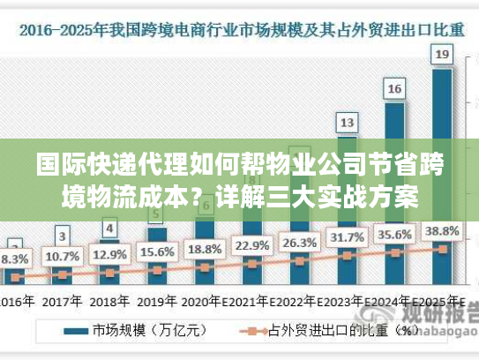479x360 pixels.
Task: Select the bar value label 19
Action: (x=442, y=55)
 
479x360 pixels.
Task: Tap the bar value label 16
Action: (x=395, y=88)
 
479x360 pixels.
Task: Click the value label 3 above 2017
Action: (x=62, y=236)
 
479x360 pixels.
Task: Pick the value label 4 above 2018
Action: (x=109, y=228)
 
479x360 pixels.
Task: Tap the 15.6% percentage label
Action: (x=157, y=251)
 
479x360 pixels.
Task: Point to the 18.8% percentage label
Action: (x=205, y=248)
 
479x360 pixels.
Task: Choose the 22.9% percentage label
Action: (x=252, y=245)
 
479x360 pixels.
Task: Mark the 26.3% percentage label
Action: (x=300, y=242)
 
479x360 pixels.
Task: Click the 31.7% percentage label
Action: (x=348, y=237)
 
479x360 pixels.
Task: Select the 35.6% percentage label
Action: (x=395, y=235)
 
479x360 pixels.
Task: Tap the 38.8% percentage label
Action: (x=442, y=230)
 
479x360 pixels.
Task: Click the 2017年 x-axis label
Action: (x=62, y=300)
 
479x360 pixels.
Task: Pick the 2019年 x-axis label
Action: (x=157, y=300)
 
